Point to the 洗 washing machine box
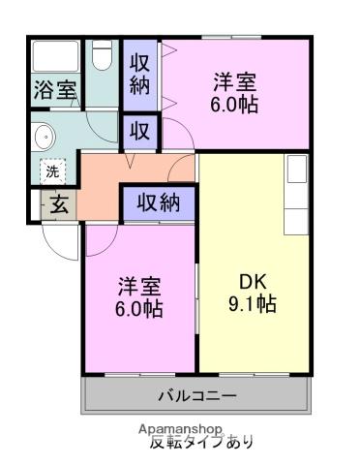pos(51,171)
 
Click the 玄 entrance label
pos(59,204)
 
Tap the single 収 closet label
pos(138,130)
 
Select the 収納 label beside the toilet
pos(139,74)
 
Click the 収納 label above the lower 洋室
pos(158,202)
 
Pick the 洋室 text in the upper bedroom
pos(236,81)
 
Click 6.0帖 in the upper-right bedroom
pos(236,105)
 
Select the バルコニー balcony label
pos(197,396)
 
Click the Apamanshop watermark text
pos(181,429)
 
